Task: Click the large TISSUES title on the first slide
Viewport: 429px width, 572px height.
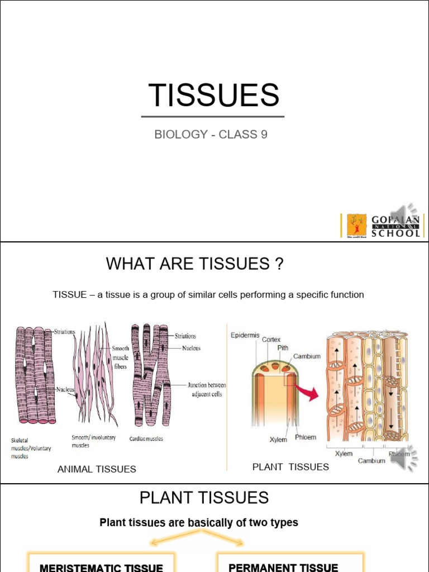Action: click(214, 95)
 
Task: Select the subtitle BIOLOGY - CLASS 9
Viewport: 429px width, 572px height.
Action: click(211, 135)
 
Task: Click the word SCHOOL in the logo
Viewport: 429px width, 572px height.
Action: click(396, 233)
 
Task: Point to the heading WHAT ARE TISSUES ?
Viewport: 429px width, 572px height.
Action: click(195, 264)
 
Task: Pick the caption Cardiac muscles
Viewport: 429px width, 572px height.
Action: click(146, 439)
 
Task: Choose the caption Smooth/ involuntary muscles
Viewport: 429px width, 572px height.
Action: click(94, 441)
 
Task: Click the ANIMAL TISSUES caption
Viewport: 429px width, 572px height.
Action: click(97, 469)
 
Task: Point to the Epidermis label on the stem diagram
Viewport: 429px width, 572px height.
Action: click(245, 335)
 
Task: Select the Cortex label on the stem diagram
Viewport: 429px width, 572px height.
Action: click(271, 340)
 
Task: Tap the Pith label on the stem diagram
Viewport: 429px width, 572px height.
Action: click(283, 347)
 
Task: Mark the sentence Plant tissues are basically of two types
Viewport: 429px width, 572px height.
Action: click(199, 523)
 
